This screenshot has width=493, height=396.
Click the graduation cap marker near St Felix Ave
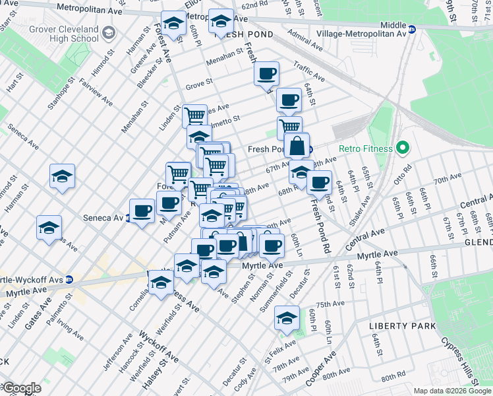pyautogui.click(x=287, y=318)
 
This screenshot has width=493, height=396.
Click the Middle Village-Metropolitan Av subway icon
pyautogui.click(x=412, y=30)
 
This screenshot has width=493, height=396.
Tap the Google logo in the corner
pyautogui.click(x=21, y=388)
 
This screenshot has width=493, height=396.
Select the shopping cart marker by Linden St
pyautogui.click(x=194, y=116)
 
